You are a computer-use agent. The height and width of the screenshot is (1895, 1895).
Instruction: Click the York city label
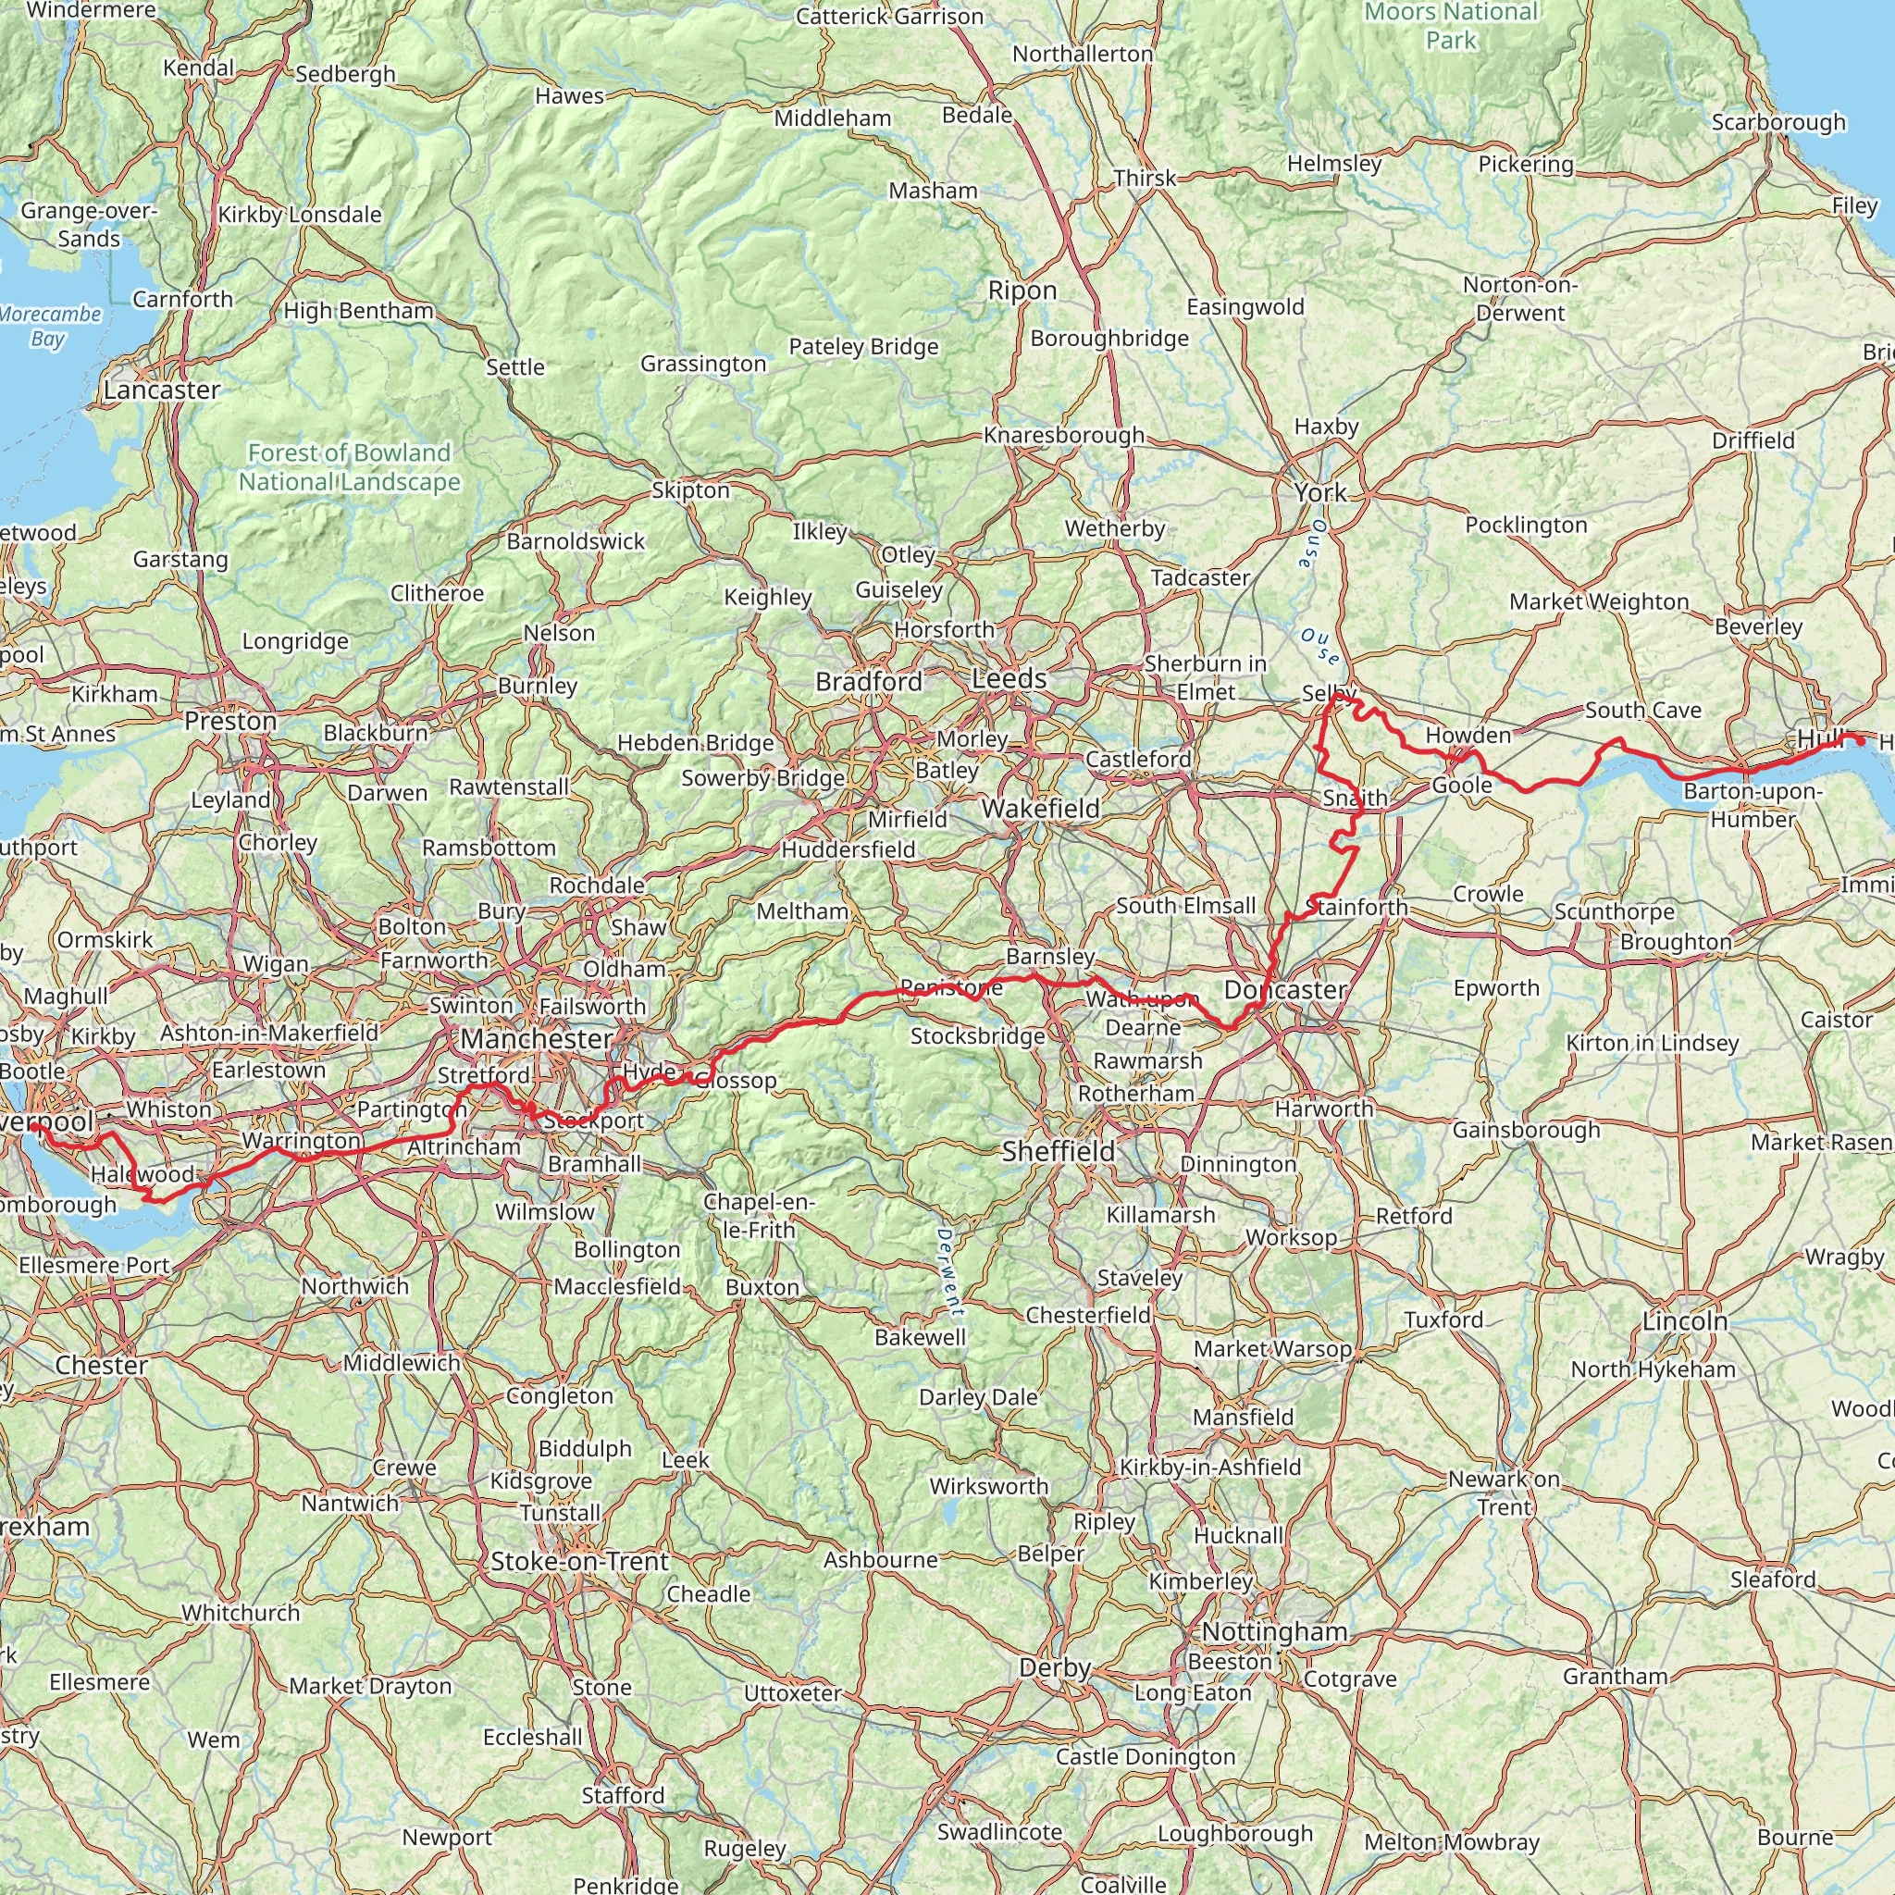pyautogui.click(x=1319, y=492)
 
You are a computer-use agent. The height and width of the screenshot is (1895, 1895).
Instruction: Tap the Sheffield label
pyautogui.click(x=1059, y=1151)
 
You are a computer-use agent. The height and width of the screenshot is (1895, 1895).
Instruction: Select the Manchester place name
pyautogui.click(x=537, y=1040)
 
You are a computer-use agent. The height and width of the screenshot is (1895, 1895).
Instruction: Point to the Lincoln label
pyautogui.click(x=1685, y=1321)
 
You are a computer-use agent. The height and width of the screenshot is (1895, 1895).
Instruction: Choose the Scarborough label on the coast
pyautogui.click(x=1778, y=123)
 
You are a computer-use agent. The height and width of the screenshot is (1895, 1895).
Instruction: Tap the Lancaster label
pyautogui.click(x=162, y=390)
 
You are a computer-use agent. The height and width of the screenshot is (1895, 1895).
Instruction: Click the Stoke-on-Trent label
pyautogui.click(x=578, y=1562)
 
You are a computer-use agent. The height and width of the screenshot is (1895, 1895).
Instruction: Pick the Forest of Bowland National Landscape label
pyautogui.click(x=349, y=467)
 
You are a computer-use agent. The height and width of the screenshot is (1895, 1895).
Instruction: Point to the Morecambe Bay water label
pyautogui.click(x=50, y=327)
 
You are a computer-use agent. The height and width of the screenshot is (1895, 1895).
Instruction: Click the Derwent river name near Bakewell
pyautogui.click(x=947, y=1271)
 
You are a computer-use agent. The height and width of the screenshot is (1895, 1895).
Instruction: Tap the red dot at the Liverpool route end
pyautogui.click(x=34, y=1128)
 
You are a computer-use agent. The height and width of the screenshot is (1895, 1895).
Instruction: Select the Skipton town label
pyautogui.click(x=690, y=490)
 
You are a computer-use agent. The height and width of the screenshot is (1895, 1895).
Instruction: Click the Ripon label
pyautogui.click(x=1022, y=291)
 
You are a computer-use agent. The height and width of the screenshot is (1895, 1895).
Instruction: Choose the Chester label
pyautogui.click(x=102, y=1366)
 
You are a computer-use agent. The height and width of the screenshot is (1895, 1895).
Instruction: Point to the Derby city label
pyautogui.click(x=1055, y=1667)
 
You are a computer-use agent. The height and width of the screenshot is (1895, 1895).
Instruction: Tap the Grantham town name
pyautogui.click(x=1616, y=1677)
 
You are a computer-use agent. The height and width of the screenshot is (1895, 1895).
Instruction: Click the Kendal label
pyautogui.click(x=199, y=68)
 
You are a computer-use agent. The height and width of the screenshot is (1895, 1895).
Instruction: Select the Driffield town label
pyautogui.click(x=1753, y=440)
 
